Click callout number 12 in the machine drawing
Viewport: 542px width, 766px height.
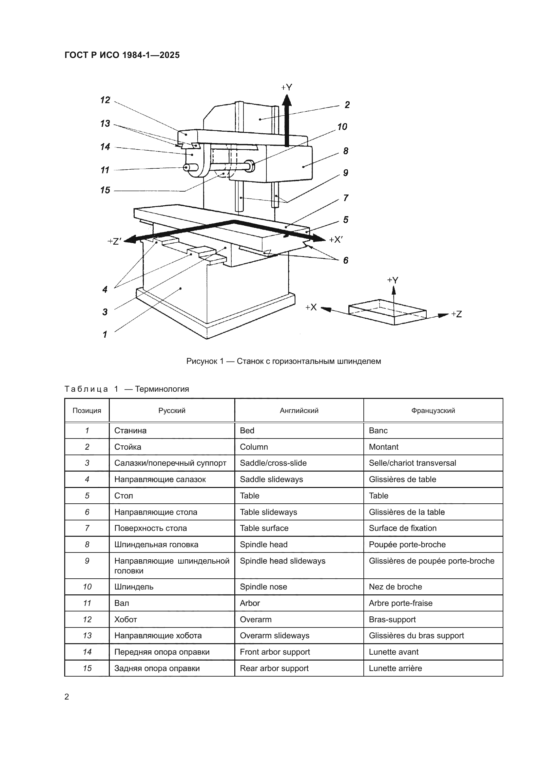tap(105, 100)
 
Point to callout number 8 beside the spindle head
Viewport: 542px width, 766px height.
tap(346, 151)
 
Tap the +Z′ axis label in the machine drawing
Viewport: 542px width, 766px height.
tap(114, 241)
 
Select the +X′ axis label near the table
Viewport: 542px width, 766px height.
tap(336, 239)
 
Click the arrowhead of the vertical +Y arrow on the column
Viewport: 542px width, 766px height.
tap(287, 100)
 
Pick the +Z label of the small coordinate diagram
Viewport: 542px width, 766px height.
tap(456, 314)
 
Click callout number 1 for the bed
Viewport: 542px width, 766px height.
tap(105, 334)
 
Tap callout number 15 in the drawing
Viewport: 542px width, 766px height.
tap(105, 190)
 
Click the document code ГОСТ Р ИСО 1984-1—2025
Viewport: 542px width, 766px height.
tap(122, 55)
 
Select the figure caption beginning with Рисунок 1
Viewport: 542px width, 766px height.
tap(283, 361)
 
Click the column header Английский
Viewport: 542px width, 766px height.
tap(299, 411)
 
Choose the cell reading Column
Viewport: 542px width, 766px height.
tap(254, 447)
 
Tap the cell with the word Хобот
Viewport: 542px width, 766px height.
tap(126, 620)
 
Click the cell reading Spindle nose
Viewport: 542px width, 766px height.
tap(263, 587)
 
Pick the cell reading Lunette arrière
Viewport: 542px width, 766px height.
tap(395, 668)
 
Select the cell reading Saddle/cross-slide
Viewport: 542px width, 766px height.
tap(273, 463)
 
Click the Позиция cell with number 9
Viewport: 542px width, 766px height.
tap(87, 561)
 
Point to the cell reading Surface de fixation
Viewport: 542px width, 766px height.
tap(402, 528)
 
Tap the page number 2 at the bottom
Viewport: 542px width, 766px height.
tap(67, 697)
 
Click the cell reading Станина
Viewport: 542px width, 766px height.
tap(130, 430)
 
